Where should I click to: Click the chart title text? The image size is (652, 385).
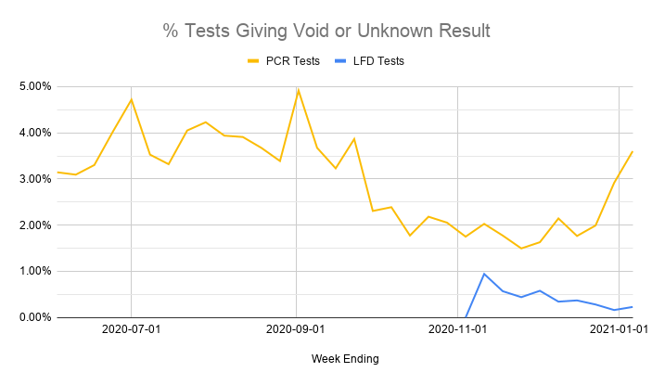coord(326,31)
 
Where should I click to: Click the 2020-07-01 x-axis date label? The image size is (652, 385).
coord(131,329)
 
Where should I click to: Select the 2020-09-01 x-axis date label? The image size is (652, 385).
coord(296,329)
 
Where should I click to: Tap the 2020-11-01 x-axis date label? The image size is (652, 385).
coord(461,329)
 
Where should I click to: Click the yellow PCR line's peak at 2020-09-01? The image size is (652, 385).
coord(298,90)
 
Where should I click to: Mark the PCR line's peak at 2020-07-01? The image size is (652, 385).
coord(132,99)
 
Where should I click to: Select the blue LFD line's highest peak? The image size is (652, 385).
coord(484,274)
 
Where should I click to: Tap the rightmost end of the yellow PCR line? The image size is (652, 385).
coord(633,151)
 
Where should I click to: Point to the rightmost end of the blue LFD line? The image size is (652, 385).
coord(633,306)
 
